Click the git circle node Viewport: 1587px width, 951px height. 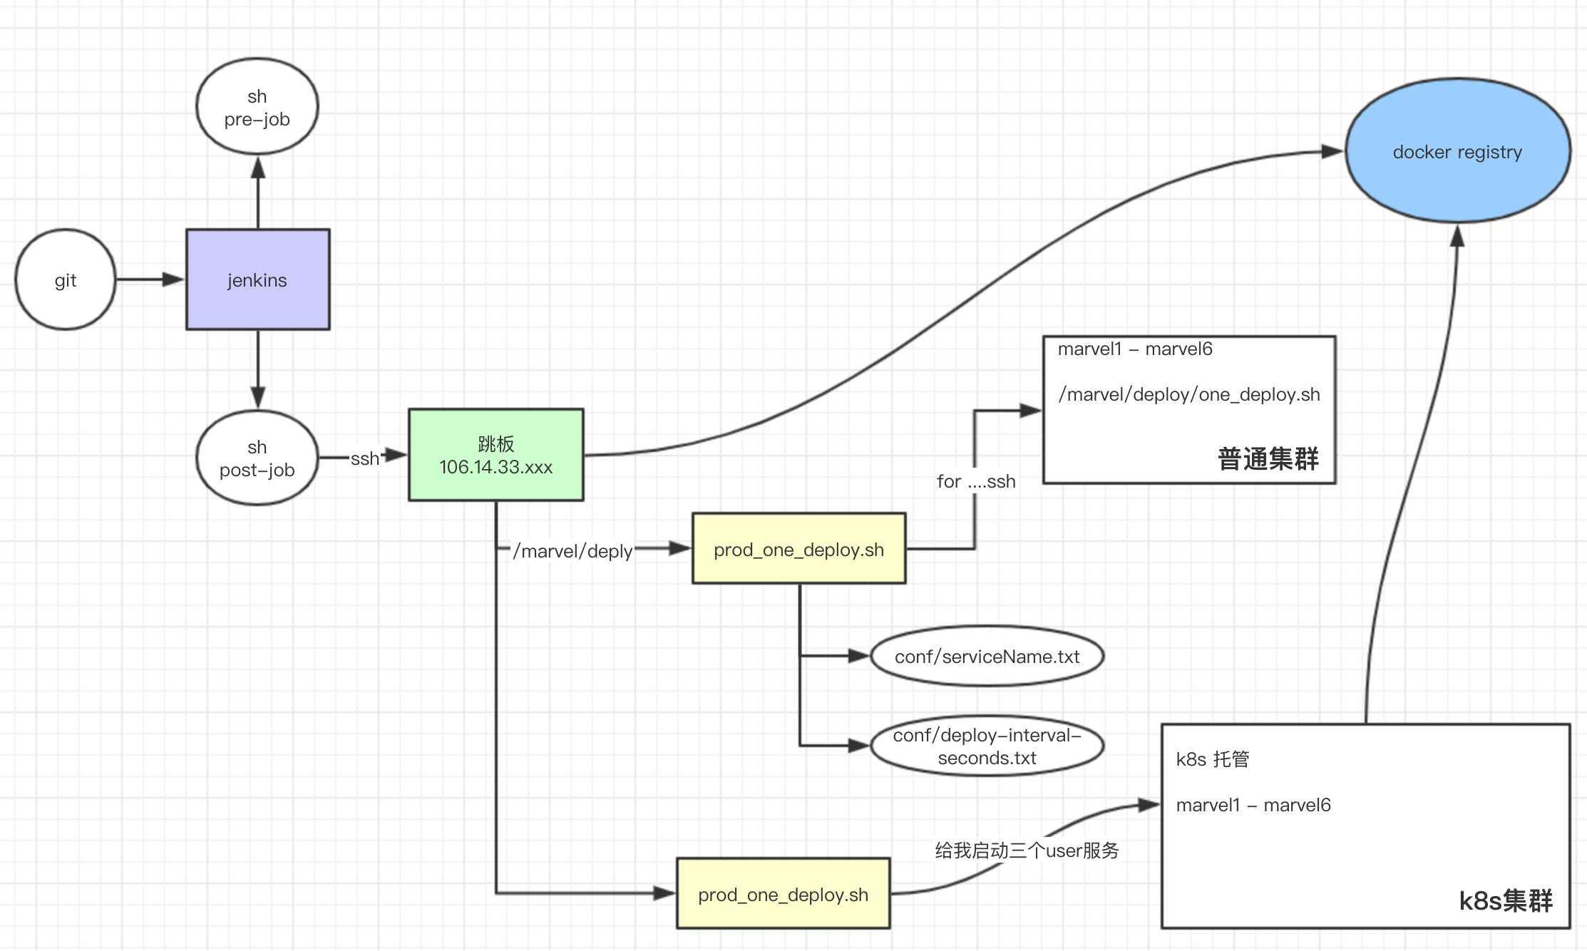[x=65, y=279]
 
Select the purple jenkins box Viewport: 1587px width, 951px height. [x=257, y=279]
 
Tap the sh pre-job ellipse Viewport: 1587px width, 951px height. [x=257, y=107]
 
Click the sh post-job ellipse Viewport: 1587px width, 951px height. [x=257, y=458]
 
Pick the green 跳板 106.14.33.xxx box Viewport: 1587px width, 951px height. [x=495, y=455]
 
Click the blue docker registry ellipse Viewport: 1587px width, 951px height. [x=1457, y=151]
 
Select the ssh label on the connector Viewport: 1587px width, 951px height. [x=364, y=458]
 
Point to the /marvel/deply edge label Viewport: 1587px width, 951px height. [x=572, y=551]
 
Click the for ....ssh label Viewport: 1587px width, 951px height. [x=975, y=481]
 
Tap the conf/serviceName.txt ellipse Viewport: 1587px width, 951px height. [x=987, y=656]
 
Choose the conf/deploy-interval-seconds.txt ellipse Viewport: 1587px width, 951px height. [x=987, y=746]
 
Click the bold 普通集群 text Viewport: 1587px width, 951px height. [x=1268, y=458]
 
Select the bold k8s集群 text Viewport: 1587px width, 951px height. [x=1505, y=900]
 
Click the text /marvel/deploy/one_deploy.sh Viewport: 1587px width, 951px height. [x=1188, y=394]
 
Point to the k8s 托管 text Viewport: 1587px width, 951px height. [x=1212, y=759]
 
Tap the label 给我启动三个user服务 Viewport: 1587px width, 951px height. [x=1027, y=850]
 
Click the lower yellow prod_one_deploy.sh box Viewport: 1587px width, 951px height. [x=783, y=894]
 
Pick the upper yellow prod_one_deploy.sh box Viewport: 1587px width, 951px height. [x=798, y=549]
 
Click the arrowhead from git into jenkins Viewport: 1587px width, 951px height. [x=174, y=279]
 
